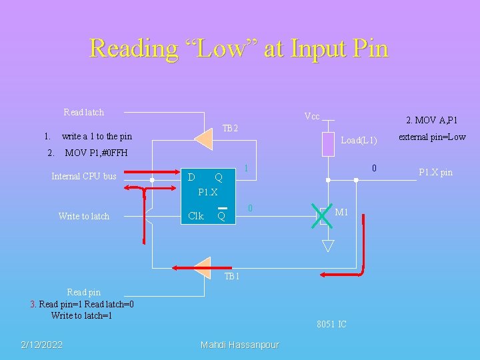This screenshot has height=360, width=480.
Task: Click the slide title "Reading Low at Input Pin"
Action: (239, 49)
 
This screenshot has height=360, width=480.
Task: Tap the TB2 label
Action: (231, 128)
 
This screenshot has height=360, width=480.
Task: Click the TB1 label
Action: (231, 277)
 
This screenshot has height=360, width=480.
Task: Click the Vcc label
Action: (311, 117)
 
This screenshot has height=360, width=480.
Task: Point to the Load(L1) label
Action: (359, 141)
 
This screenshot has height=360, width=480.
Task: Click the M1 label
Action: (342, 213)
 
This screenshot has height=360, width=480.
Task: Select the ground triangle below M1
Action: (327, 245)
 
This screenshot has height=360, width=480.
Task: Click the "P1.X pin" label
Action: (435, 173)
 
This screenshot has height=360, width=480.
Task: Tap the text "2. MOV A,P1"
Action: (431, 121)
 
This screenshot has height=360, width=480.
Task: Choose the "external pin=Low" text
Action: (432, 137)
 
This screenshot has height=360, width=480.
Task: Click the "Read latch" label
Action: (83, 112)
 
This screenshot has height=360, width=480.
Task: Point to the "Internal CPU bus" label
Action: (84, 177)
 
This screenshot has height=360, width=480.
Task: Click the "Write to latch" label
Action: (84, 216)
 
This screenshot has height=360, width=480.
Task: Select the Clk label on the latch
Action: (196, 216)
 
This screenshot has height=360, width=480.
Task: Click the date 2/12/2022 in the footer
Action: (42, 344)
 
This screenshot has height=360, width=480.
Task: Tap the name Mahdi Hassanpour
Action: (240, 344)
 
